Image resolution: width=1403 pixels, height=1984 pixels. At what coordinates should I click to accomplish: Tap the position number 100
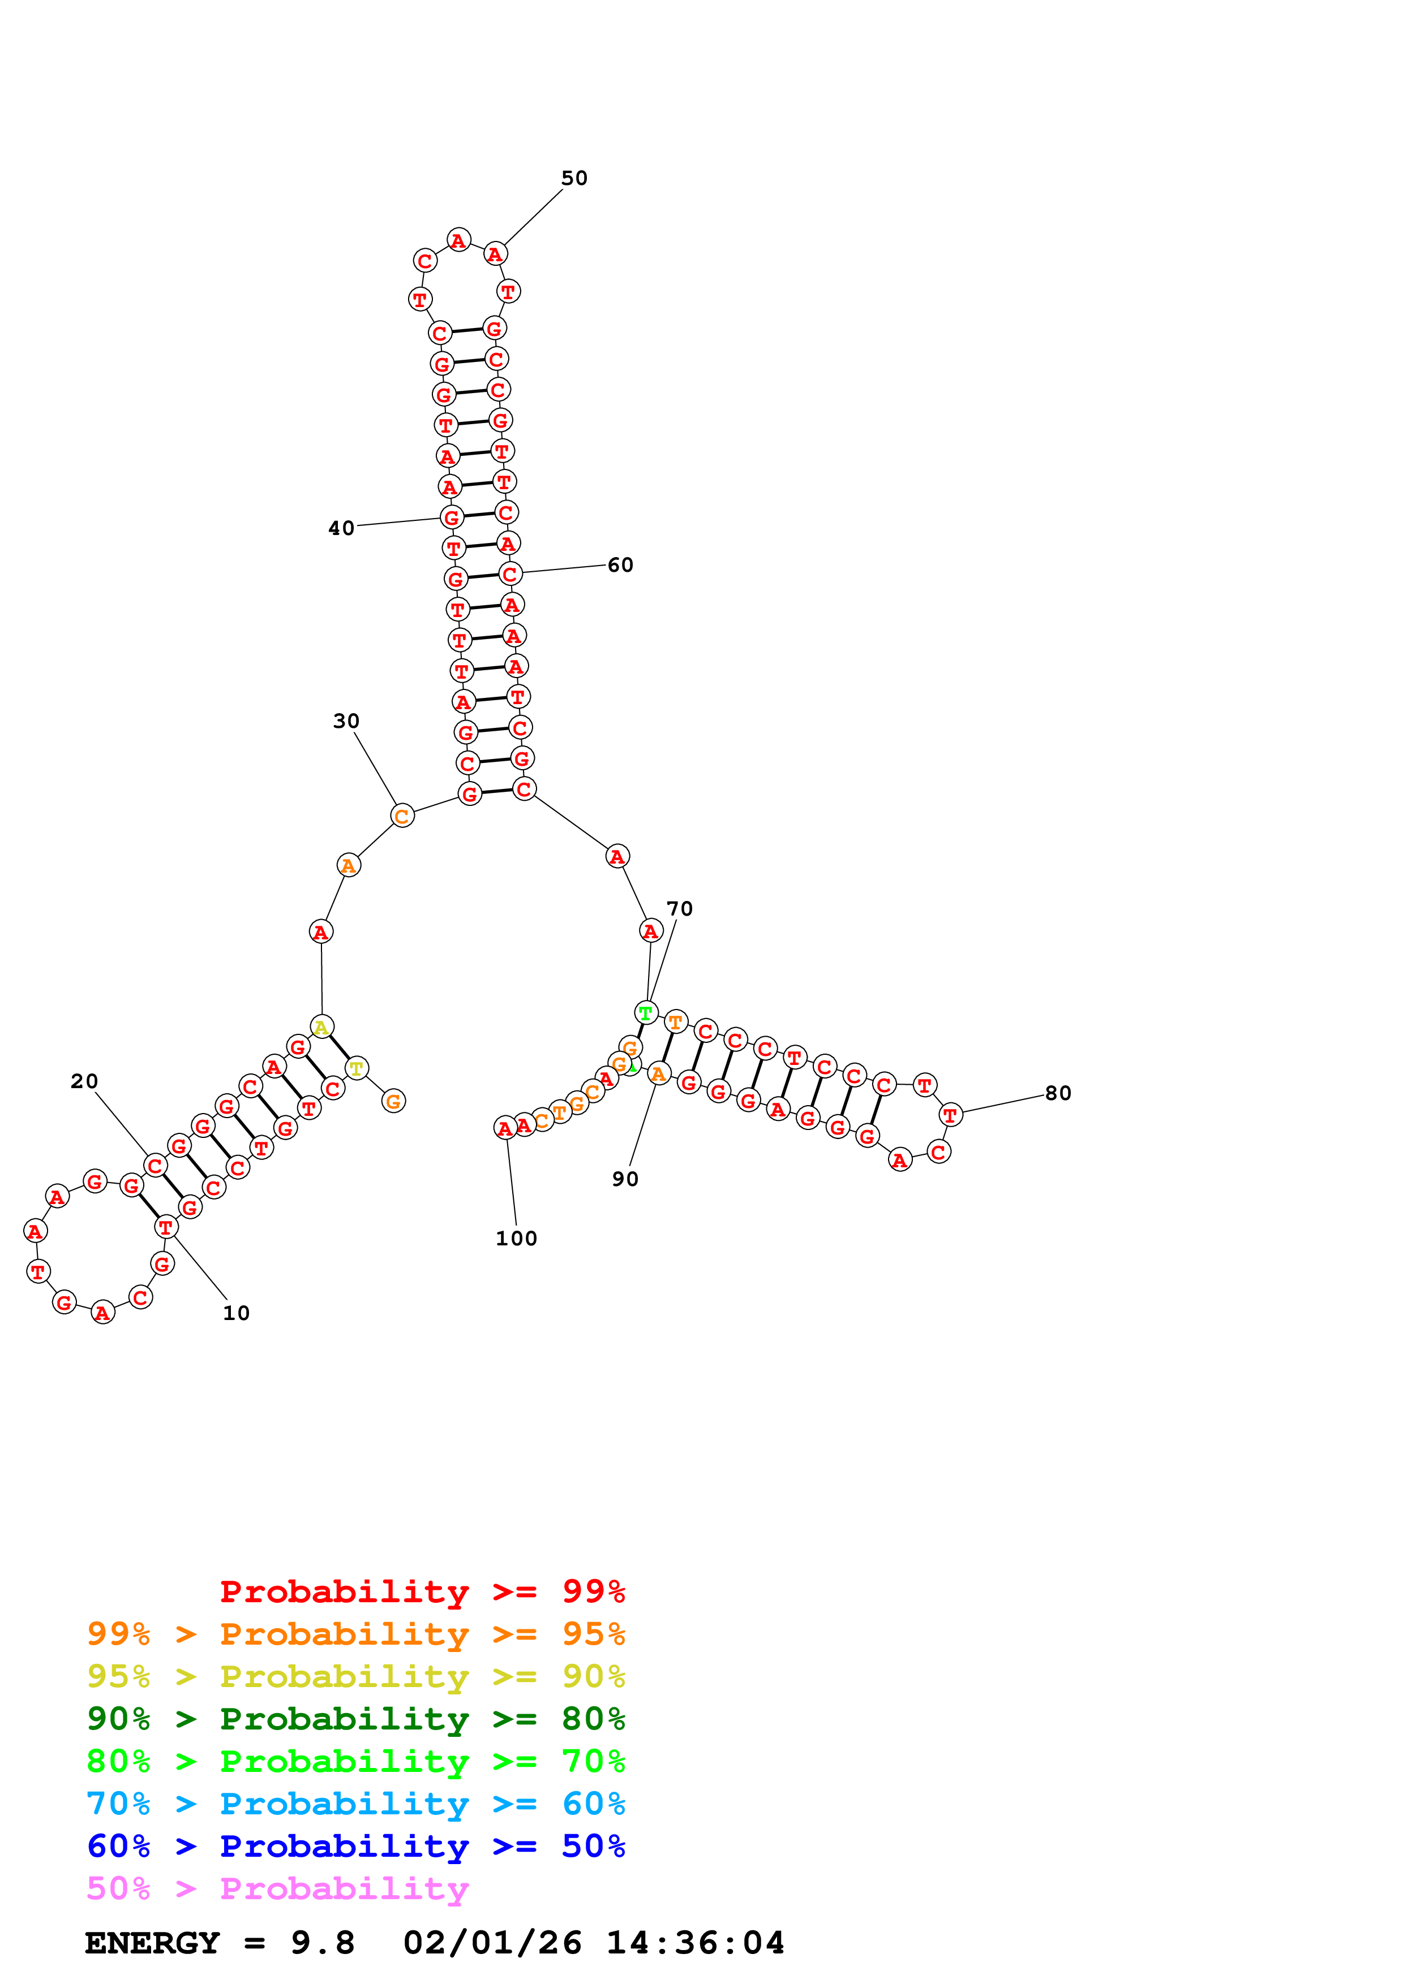[516, 1238]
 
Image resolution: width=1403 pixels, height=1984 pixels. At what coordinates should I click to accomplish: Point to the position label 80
[1058, 1093]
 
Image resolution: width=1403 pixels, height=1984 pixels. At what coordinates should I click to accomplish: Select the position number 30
[346, 721]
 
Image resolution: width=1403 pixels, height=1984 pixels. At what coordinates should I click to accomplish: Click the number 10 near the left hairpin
[236, 1313]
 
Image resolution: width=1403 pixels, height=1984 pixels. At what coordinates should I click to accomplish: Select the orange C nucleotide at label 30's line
[402, 816]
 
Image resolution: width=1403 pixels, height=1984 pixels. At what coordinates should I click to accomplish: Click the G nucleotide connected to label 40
[451, 517]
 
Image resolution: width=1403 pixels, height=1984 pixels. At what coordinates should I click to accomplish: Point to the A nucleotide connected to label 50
[495, 254]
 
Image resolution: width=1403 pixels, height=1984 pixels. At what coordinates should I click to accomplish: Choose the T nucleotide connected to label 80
[950, 1115]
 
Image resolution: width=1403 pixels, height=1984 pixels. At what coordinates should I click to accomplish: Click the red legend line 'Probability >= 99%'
[422, 1591]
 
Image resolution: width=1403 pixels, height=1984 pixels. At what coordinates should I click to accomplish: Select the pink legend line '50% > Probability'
[277, 1888]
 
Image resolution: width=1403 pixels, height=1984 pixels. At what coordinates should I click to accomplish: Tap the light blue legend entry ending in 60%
[355, 1804]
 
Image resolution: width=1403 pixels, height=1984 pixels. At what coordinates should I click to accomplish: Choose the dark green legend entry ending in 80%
[355, 1719]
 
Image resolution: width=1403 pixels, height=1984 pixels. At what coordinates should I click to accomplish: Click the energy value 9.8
[323, 1943]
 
